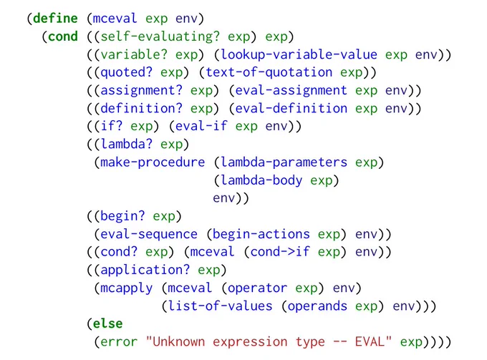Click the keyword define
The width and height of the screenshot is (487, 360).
click(x=55, y=18)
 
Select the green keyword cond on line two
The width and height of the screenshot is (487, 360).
click(x=63, y=36)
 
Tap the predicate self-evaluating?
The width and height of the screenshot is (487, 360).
click(x=160, y=37)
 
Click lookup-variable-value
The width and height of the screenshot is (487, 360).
click(x=299, y=55)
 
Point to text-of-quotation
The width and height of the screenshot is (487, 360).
click(x=269, y=73)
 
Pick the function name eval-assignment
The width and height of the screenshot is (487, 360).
click(x=291, y=91)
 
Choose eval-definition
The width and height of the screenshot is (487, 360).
click(x=291, y=109)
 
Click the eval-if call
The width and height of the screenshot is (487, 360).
click(x=201, y=126)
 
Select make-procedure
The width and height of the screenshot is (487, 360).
click(x=153, y=162)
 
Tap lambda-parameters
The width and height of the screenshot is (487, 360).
click(x=284, y=162)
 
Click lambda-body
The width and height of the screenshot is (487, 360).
click(x=261, y=180)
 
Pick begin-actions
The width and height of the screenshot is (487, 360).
click(x=261, y=234)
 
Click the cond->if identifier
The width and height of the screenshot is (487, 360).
click(x=280, y=252)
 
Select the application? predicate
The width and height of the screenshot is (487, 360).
click(x=145, y=271)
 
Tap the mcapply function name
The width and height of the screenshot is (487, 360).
click(x=127, y=288)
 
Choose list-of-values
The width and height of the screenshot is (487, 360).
click(x=221, y=306)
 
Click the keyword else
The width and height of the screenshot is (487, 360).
click(x=107, y=323)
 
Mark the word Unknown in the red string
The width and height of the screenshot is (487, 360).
click(x=179, y=341)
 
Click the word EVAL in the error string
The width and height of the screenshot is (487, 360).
click(x=370, y=341)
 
